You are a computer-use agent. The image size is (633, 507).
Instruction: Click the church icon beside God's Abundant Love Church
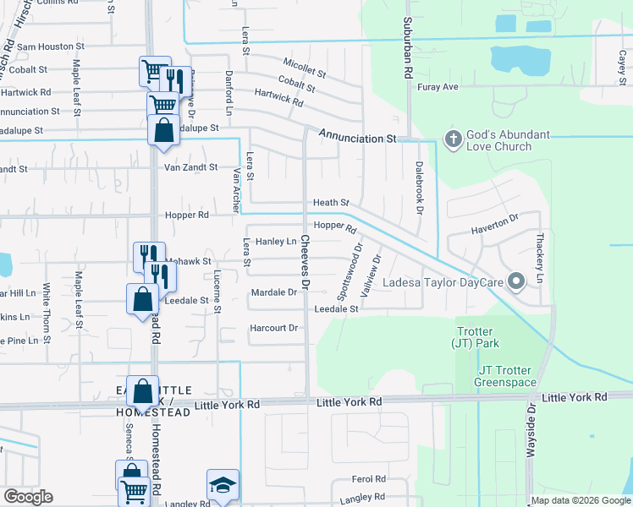click(x=453, y=139)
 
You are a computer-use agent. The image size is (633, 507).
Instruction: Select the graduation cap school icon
click(x=223, y=486)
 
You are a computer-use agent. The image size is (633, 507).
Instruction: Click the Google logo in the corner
click(x=28, y=497)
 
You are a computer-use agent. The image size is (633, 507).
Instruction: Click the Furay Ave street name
click(x=438, y=87)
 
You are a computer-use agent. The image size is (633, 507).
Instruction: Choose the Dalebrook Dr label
click(x=418, y=188)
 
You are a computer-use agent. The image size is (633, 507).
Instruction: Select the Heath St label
click(x=331, y=203)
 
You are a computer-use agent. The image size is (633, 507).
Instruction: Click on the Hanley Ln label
click(x=275, y=242)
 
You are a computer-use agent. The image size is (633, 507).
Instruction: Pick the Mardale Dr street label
click(x=274, y=292)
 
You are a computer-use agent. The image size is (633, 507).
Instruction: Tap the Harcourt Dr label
click(x=274, y=328)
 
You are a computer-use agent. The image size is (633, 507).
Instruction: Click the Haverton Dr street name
click(x=494, y=222)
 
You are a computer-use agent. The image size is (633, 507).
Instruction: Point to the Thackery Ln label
click(x=539, y=259)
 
